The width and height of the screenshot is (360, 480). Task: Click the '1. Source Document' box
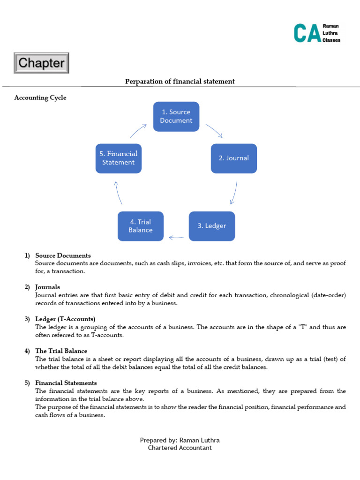[176, 116]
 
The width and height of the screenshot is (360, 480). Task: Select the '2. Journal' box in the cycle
[233, 158]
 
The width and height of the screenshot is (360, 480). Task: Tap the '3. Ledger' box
[211, 226]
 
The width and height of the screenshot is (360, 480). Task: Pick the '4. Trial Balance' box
[141, 226]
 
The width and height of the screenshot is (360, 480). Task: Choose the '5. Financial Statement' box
[118, 158]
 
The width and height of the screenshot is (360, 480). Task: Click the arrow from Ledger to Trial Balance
[176, 237]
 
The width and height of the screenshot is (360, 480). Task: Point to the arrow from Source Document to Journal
[214, 131]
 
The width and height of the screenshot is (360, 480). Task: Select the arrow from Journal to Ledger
[234, 193]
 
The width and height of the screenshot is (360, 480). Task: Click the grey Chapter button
[42, 63]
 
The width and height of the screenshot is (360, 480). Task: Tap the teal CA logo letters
[307, 33]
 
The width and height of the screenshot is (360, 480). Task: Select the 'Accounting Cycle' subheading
[40, 97]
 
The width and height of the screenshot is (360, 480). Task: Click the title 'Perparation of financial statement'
[180, 82]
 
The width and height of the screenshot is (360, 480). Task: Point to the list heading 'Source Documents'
[63, 255]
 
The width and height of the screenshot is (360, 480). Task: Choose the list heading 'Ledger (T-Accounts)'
[65, 319]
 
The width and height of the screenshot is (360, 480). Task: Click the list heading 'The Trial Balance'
[61, 351]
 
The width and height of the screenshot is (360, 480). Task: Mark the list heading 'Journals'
[47, 287]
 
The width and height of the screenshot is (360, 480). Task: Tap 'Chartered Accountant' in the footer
[180, 448]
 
